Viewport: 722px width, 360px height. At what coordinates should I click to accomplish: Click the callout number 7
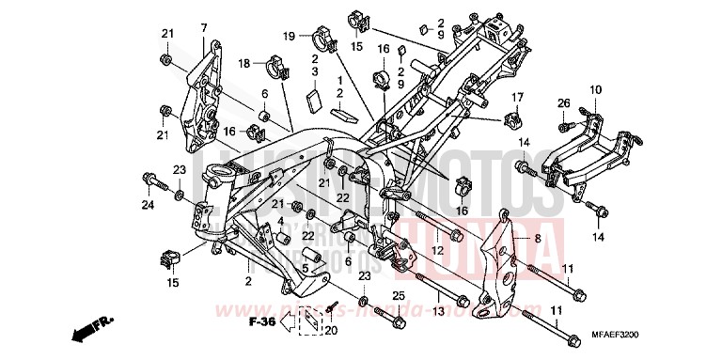pos(203,28)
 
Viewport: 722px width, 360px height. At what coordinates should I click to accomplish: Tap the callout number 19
pos(290,36)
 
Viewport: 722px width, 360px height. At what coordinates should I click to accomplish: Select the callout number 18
pos(243,64)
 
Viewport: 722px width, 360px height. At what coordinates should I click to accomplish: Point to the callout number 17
pos(517,97)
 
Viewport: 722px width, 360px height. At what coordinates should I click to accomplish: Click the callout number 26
pos(564,102)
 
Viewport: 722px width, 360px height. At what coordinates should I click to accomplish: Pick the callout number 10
pos(595,90)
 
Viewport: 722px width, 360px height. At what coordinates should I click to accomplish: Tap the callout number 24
pos(148,205)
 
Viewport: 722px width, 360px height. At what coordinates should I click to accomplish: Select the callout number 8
pos(539,239)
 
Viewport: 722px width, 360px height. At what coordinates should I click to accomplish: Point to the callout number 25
pos(399,296)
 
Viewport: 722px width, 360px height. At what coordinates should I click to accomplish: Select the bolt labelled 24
pos(149,178)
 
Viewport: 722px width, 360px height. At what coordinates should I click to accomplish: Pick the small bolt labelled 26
pos(563,123)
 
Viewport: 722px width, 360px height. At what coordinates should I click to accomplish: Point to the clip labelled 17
pos(514,119)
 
